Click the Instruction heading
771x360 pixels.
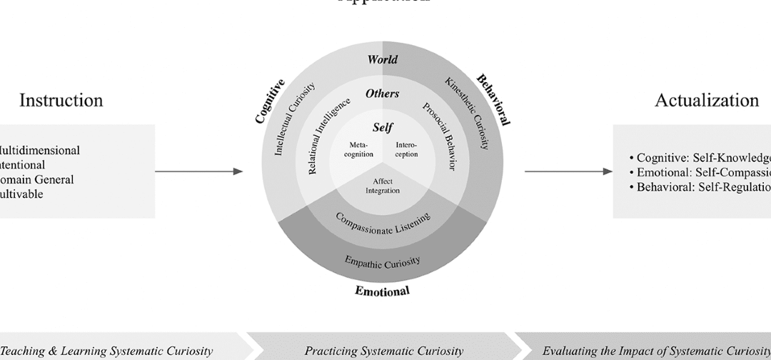point(61,100)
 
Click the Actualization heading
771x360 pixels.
point(707,100)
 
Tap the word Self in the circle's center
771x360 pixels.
point(383,128)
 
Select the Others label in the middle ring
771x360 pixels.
point(383,94)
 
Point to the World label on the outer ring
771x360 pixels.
point(383,60)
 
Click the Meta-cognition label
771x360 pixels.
point(358,149)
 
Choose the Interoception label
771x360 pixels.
point(406,149)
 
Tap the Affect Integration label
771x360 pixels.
point(383,186)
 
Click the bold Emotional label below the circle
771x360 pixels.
point(383,291)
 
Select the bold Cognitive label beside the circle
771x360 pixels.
point(271,101)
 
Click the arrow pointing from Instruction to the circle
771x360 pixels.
point(198,171)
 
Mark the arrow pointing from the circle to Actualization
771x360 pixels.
point(568,171)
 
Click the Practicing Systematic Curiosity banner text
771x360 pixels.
point(384,351)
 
